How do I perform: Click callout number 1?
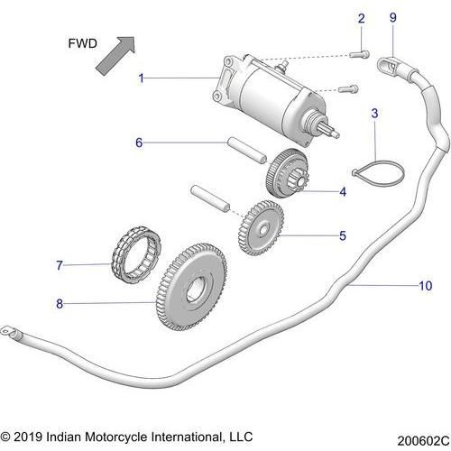tap(142, 78)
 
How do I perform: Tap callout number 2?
tap(361, 18)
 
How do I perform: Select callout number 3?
tap(375, 114)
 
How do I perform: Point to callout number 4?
tap(343, 192)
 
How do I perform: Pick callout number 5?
tap(343, 237)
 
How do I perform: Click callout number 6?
tap(139, 143)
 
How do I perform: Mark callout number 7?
tap(60, 265)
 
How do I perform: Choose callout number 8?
tap(60, 304)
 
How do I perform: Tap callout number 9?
tap(392, 18)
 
